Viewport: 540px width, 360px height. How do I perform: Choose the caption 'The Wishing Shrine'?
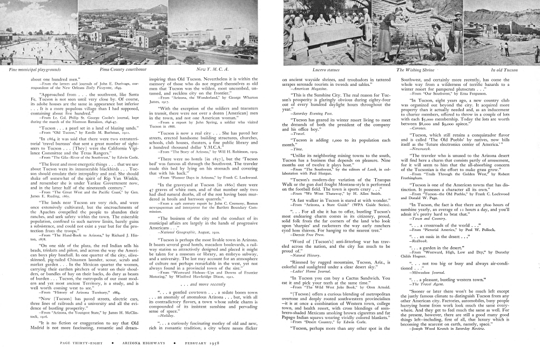click(415, 70)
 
